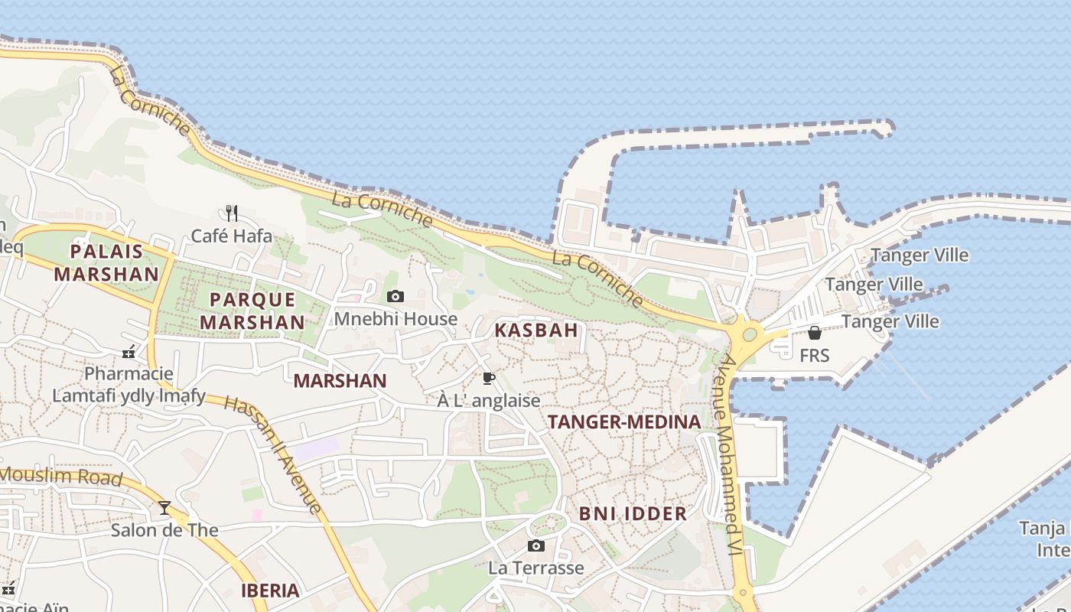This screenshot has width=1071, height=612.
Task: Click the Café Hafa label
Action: point(231,236)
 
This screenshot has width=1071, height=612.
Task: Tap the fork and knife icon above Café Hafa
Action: point(232,213)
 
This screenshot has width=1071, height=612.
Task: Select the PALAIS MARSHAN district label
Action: point(106,262)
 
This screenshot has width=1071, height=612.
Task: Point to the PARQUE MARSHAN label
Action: point(252,311)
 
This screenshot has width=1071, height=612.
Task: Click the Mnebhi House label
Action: point(396,318)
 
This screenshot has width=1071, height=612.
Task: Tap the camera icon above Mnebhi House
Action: point(396,297)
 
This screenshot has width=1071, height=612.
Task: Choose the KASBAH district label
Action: point(535,330)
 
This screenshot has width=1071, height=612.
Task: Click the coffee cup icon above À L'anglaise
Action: point(488,378)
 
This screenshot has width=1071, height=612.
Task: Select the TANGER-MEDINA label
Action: point(624,422)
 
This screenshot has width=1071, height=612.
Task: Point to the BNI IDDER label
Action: point(633,513)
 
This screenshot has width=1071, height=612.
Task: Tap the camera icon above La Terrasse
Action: point(536,545)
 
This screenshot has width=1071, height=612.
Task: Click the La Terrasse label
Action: point(535,568)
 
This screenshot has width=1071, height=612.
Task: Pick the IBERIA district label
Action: point(270,591)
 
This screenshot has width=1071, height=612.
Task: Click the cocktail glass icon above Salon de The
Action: point(164,507)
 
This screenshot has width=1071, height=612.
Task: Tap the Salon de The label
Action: point(164,530)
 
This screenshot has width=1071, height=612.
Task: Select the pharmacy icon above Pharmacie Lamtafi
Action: point(129,353)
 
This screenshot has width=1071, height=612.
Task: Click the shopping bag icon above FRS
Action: point(815,333)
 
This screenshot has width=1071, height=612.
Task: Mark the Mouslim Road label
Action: point(61,477)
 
